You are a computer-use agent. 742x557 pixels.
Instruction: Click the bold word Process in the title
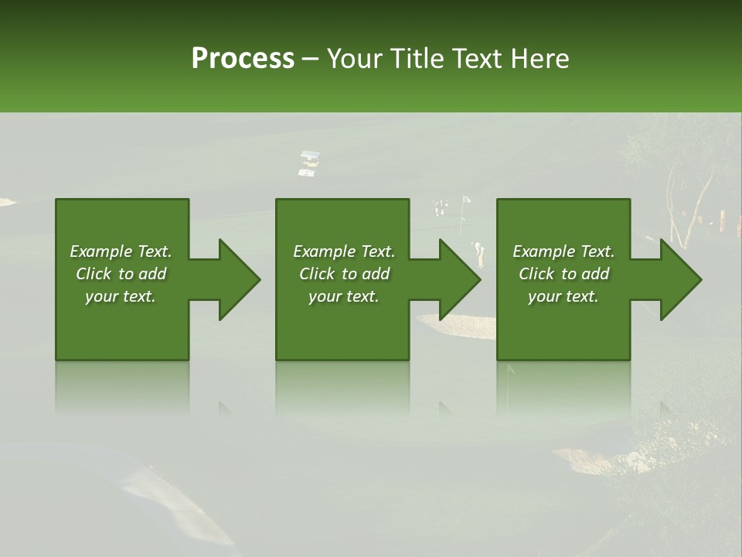[x=243, y=59]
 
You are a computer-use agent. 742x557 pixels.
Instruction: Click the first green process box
[x=122, y=325]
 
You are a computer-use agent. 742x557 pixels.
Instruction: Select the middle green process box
[x=342, y=325]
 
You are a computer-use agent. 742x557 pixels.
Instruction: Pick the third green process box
[x=563, y=325]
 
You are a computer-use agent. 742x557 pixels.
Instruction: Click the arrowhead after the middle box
[x=459, y=279]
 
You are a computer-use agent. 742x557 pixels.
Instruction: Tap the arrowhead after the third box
[x=680, y=279]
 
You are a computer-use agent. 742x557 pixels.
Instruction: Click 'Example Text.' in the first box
[x=121, y=251]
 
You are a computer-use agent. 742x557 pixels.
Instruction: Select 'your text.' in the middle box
[x=343, y=296]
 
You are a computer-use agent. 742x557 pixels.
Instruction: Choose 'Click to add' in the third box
[x=563, y=274]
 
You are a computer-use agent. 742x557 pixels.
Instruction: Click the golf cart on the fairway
[x=309, y=163]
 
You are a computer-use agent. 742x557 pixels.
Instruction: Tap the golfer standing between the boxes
[x=478, y=252]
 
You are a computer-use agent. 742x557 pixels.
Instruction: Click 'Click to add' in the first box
[x=121, y=274]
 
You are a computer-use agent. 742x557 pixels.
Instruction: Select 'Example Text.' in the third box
[x=563, y=251]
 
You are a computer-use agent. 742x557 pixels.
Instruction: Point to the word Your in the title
[x=353, y=59]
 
